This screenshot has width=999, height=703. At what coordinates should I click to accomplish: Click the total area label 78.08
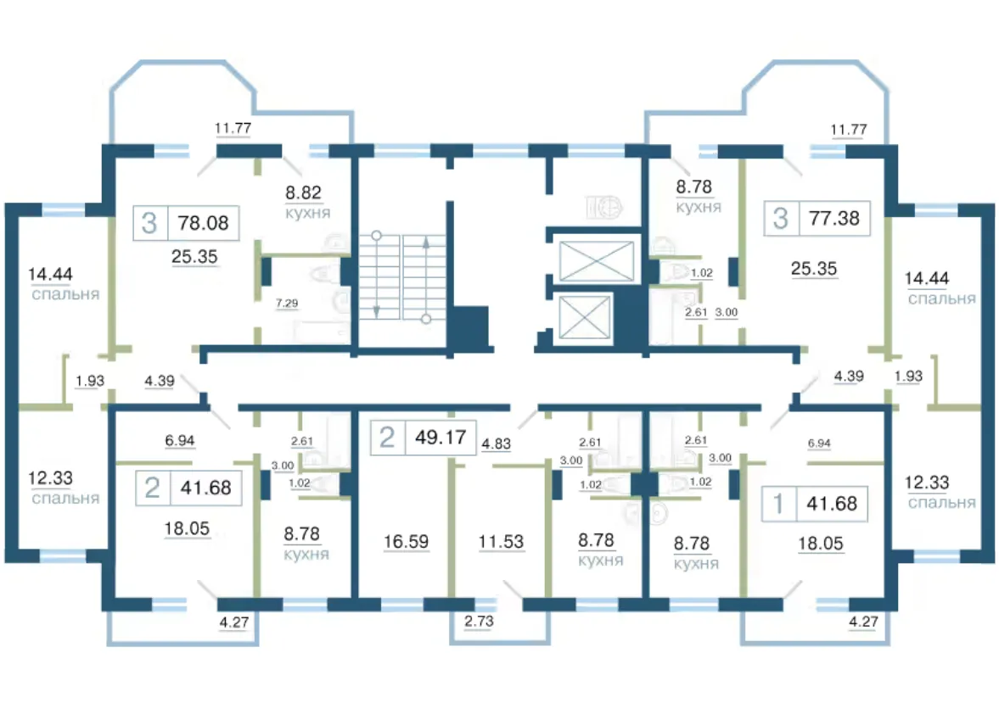pos(203,223)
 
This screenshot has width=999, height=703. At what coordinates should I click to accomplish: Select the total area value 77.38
pos(834,219)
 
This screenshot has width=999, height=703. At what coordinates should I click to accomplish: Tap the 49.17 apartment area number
pos(441,438)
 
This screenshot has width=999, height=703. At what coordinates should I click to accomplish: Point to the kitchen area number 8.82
pos(303,192)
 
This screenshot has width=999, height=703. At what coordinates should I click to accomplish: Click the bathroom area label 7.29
pos(287,303)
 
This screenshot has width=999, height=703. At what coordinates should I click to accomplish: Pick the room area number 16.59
pos(406,541)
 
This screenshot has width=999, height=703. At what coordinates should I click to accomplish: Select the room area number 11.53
pos(501,541)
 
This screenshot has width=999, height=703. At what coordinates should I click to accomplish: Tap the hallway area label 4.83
pos(496,444)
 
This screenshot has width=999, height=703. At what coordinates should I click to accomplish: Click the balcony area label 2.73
pos(479,621)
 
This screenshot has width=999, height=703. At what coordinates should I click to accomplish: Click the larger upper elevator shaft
pos(597,261)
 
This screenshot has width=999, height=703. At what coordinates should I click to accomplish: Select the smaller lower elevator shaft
pos(584,317)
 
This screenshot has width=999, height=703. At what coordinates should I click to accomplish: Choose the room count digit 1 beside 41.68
pos(778,504)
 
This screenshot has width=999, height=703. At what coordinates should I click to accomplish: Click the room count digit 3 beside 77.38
pos(781,219)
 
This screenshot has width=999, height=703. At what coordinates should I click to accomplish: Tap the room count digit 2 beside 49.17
pos(387,438)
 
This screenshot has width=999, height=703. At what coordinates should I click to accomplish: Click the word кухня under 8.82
pos(308,213)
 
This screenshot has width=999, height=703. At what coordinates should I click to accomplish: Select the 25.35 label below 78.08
pos(194,257)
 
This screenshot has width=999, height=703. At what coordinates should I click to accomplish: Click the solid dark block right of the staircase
pos(470,328)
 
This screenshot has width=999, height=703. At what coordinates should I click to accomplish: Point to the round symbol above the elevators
pos(609,208)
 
